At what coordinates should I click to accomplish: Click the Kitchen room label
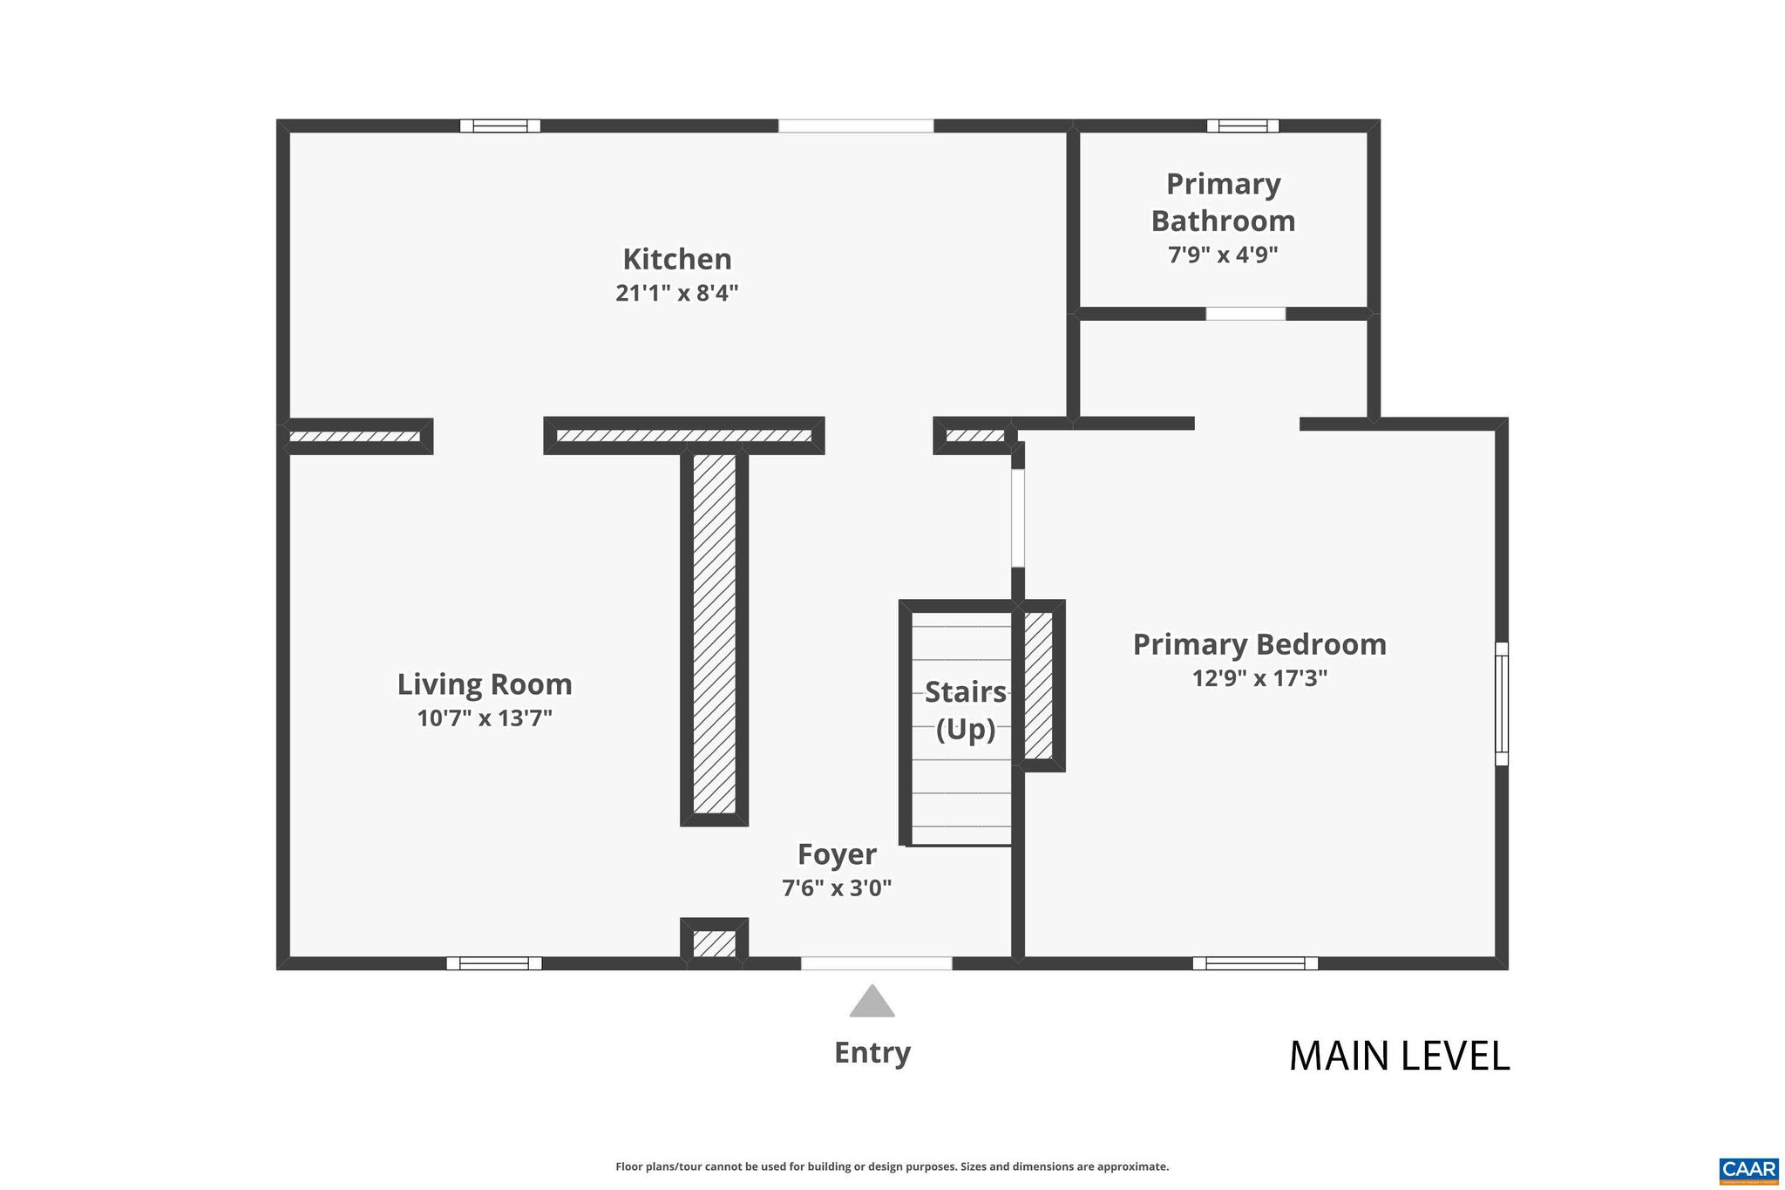(676, 259)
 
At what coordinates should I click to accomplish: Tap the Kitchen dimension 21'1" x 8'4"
(676, 293)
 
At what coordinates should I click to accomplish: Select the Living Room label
(485, 684)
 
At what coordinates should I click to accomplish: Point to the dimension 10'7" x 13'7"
(485, 718)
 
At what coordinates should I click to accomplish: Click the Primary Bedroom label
(1259, 644)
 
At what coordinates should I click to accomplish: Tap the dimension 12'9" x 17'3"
(1259, 678)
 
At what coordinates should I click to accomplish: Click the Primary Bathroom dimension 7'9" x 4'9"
(1223, 255)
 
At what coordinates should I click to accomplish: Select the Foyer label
(837, 854)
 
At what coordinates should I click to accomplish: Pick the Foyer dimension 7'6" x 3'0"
(837, 888)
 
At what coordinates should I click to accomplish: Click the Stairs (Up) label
(965, 710)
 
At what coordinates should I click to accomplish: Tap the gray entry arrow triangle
(872, 1003)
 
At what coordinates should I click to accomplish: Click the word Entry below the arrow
(872, 1052)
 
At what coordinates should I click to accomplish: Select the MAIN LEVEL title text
(1399, 1056)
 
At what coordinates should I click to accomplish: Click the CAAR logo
(1748, 1169)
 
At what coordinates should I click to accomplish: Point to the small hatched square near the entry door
(714, 944)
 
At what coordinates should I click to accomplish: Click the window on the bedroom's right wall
(1501, 704)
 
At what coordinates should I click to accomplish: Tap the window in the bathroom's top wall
(1242, 126)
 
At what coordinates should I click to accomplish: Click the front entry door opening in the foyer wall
(876, 963)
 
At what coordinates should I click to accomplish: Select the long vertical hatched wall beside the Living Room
(714, 634)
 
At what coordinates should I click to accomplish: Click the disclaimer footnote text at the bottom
(892, 1166)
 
